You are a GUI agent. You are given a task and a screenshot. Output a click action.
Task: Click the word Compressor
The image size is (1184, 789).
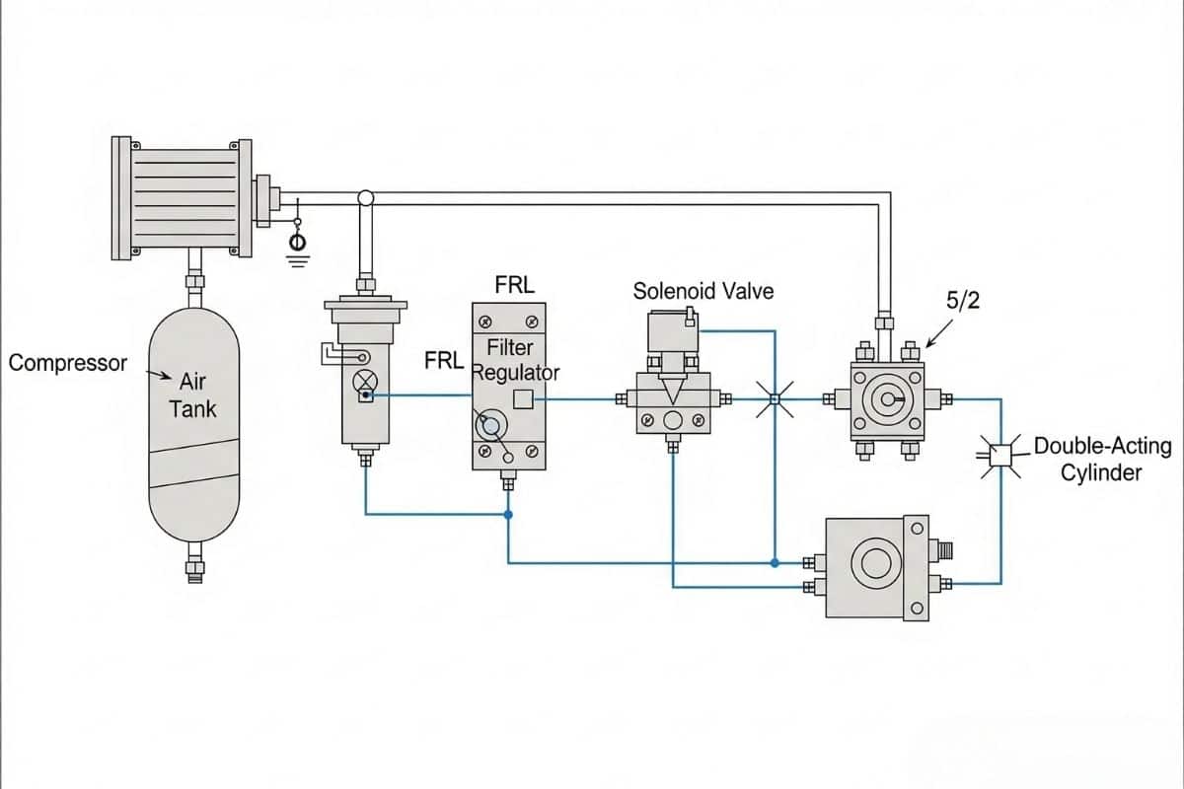tap(68, 363)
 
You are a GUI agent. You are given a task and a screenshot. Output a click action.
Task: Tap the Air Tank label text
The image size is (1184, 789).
tap(193, 394)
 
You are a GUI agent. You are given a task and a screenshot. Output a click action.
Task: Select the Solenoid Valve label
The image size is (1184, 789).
tap(703, 291)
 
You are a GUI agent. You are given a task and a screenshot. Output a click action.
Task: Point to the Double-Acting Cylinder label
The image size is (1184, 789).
tap(1101, 459)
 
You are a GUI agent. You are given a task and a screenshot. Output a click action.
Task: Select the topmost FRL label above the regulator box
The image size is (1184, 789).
tap(514, 286)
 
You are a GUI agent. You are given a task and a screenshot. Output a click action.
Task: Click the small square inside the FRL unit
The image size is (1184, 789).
tap(524, 398)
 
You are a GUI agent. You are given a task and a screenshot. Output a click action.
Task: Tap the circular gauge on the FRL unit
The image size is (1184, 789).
tap(491, 427)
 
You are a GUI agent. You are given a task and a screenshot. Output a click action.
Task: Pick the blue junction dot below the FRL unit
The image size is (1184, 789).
tap(508, 515)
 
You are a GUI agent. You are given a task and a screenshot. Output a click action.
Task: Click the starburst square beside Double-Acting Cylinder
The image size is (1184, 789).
tap(1000, 454)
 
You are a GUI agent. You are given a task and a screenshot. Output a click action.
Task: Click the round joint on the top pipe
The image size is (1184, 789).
tap(365, 198)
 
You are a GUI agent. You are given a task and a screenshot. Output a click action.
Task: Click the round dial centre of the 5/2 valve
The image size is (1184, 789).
tap(887, 399)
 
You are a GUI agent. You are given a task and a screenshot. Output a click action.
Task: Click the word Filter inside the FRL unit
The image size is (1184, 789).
tap(509, 347)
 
